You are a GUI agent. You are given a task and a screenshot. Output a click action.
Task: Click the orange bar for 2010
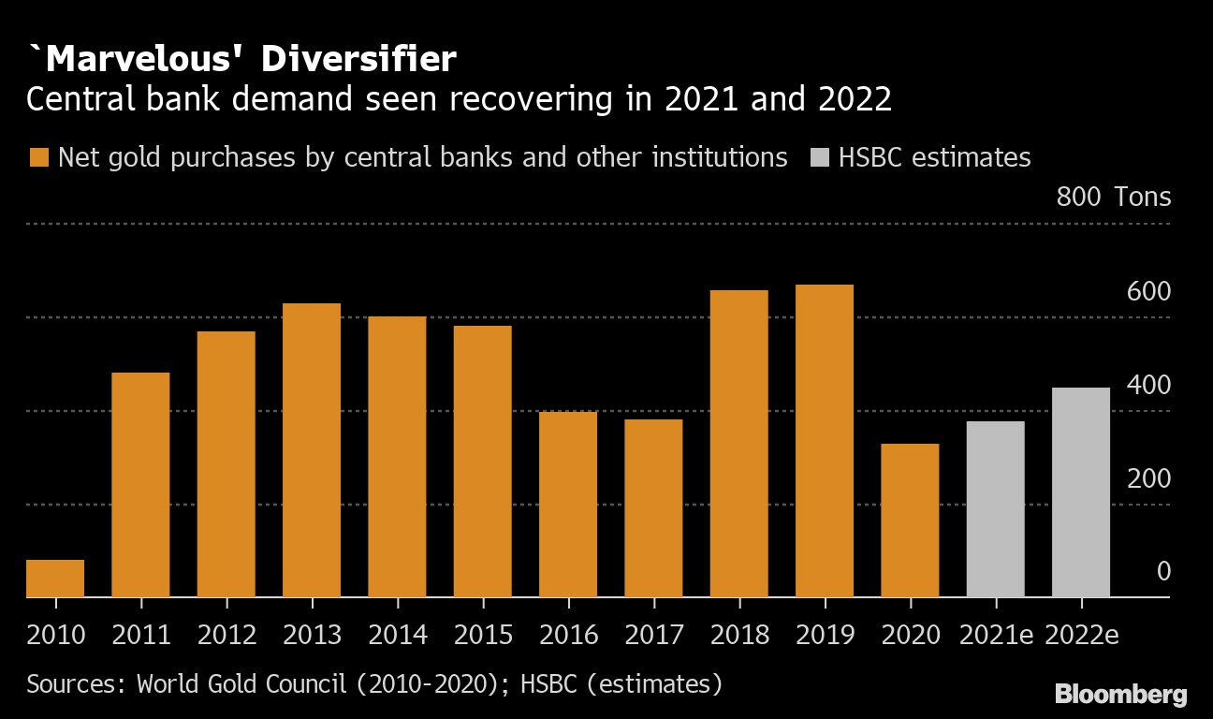tap(55, 579)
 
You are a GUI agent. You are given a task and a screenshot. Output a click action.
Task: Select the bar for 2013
tap(312, 450)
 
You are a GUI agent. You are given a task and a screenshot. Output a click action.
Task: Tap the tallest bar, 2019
tap(825, 441)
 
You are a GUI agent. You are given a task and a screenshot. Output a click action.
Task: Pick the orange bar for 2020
tap(910, 521)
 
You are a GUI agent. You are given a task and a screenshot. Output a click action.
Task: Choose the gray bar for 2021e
tap(995, 509)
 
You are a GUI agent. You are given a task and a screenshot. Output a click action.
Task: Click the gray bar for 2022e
tap(1081, 492)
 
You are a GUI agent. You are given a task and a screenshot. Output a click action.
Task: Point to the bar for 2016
tap(568, 505)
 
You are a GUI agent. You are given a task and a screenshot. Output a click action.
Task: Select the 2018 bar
tap(739, 444)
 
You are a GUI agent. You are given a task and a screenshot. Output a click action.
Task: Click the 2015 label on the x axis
tap(483, 635)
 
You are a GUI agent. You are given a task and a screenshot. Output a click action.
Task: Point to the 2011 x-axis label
tap(140, 635)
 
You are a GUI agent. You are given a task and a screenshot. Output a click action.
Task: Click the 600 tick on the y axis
tap(1148, 292)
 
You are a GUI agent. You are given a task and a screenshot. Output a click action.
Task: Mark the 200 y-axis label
tap(1148, 479)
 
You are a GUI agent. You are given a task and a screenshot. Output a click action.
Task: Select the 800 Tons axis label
tap(1113, 198)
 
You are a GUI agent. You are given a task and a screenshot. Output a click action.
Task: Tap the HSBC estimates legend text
tap(934, 157)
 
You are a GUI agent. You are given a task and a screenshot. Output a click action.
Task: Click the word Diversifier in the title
tap(358, 60)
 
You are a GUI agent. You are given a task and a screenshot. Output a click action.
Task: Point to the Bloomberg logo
tap(1120, 695)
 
